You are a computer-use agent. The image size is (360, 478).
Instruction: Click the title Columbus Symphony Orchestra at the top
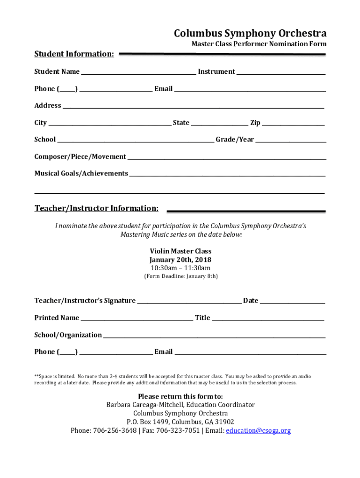pyautogui.click(x=250, y=34)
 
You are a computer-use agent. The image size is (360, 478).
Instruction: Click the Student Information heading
pyautogui.click(x=74, y=54)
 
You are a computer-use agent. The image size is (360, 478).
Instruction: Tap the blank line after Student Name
pyautogui.click(x=138, y=73)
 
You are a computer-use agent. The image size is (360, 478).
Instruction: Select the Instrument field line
pyautogui.click(x=281, y=73)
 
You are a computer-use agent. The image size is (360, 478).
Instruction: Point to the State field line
pyautogui.click(x=220, y=125)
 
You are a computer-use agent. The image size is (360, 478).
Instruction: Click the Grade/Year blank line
pyautogui.click(x=291, y=141)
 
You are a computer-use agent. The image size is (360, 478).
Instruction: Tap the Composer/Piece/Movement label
pyautogui.click(x=80, y=157)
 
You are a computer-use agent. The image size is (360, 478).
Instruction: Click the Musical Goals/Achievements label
pyautogui.click(x=81, y=174)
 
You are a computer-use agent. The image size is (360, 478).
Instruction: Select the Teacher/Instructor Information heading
pyautogui.click(x=96, y=208)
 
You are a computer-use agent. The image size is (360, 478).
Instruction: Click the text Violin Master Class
pyautogui.click(x=180, y=252)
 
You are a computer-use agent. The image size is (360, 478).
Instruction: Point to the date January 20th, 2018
pyautogui.click(x=180, y=260)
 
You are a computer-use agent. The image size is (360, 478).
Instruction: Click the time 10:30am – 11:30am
pyautogui.click(x=180, y=268)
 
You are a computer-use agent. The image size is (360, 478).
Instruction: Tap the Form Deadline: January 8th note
pyautogui.click(x=180, y=276)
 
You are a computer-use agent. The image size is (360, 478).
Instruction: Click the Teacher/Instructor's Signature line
pyautogui.click(x=189, y=302)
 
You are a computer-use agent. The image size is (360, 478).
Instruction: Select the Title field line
pyautogui.click(x=268, y=320)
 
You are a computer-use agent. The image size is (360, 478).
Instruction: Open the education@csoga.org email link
pyautogui.click(x=258, y=431)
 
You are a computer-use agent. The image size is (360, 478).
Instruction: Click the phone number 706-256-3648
pyautogui.click(x=117, y=431)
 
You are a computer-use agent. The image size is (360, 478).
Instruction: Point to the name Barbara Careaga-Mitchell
pyautogui.click(x=143, y=405)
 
